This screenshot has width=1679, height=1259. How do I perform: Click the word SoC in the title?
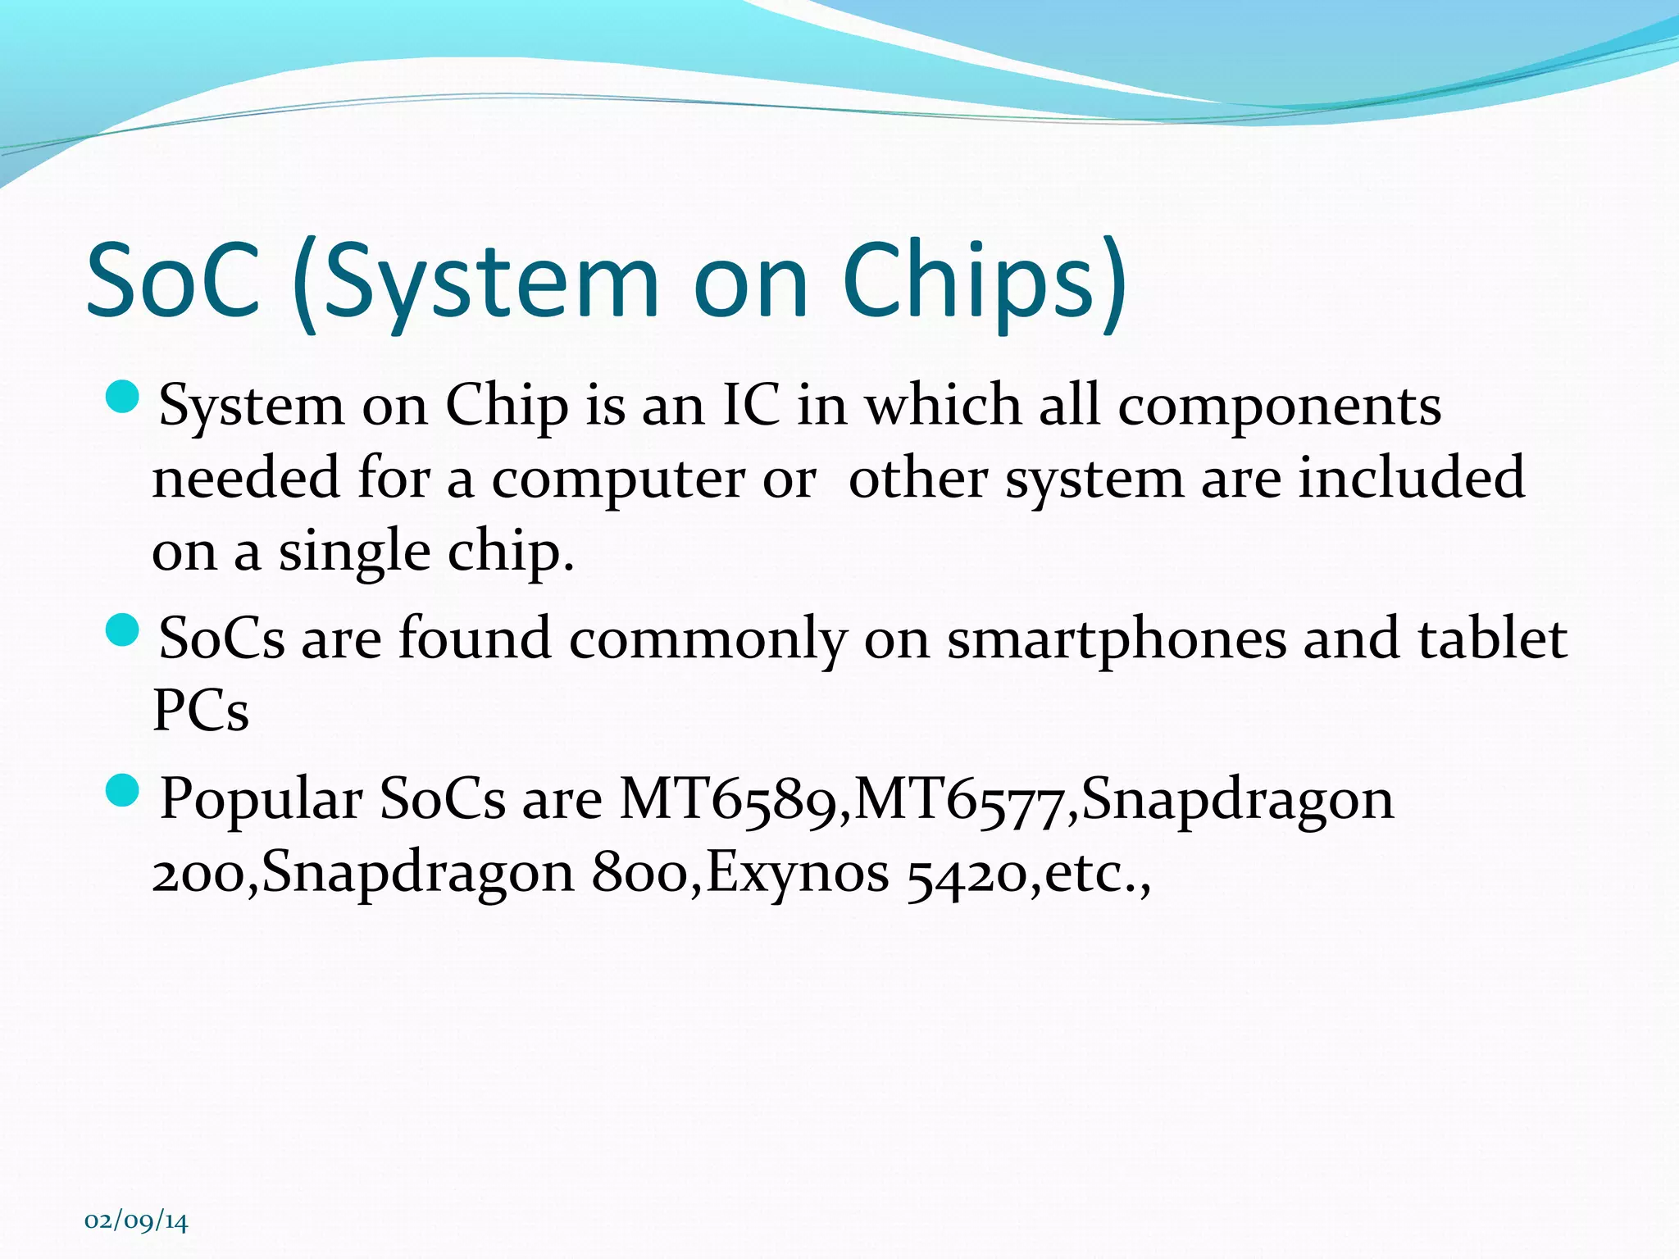click(x=173, y=280)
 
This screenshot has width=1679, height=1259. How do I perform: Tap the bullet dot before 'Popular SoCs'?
click(x=123, y=791)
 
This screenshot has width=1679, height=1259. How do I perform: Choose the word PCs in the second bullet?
click(x=201, y=710)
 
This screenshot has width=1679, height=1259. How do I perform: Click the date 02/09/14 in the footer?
click(x=136, y=1221)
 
